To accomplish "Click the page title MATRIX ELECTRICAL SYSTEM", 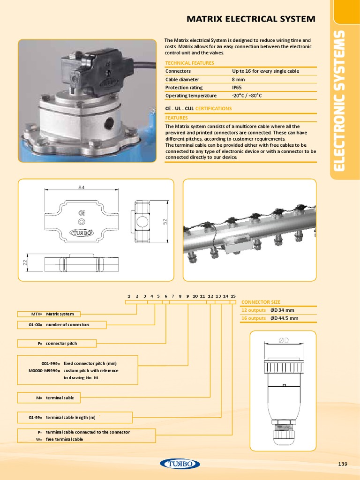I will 251,19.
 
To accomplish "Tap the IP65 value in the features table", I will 238,88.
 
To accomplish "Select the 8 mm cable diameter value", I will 239,80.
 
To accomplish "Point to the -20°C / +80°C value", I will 247,96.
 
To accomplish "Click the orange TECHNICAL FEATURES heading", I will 189,63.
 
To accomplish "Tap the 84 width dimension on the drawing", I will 81,188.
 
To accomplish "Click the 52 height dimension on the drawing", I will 165,221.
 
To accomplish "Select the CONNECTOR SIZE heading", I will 261,302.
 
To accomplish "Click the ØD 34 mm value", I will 282,310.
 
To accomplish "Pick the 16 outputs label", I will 254,318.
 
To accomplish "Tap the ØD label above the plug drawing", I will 284,340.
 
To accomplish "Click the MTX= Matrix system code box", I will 49,314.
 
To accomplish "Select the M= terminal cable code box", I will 49,398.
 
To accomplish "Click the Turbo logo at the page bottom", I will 180,464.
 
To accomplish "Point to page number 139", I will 342,464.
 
